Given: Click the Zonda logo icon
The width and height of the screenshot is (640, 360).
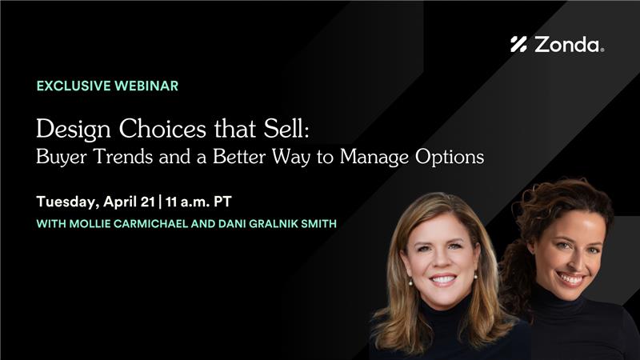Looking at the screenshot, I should pos(518,45).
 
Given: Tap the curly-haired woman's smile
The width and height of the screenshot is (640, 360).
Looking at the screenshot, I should pos(570,278).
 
